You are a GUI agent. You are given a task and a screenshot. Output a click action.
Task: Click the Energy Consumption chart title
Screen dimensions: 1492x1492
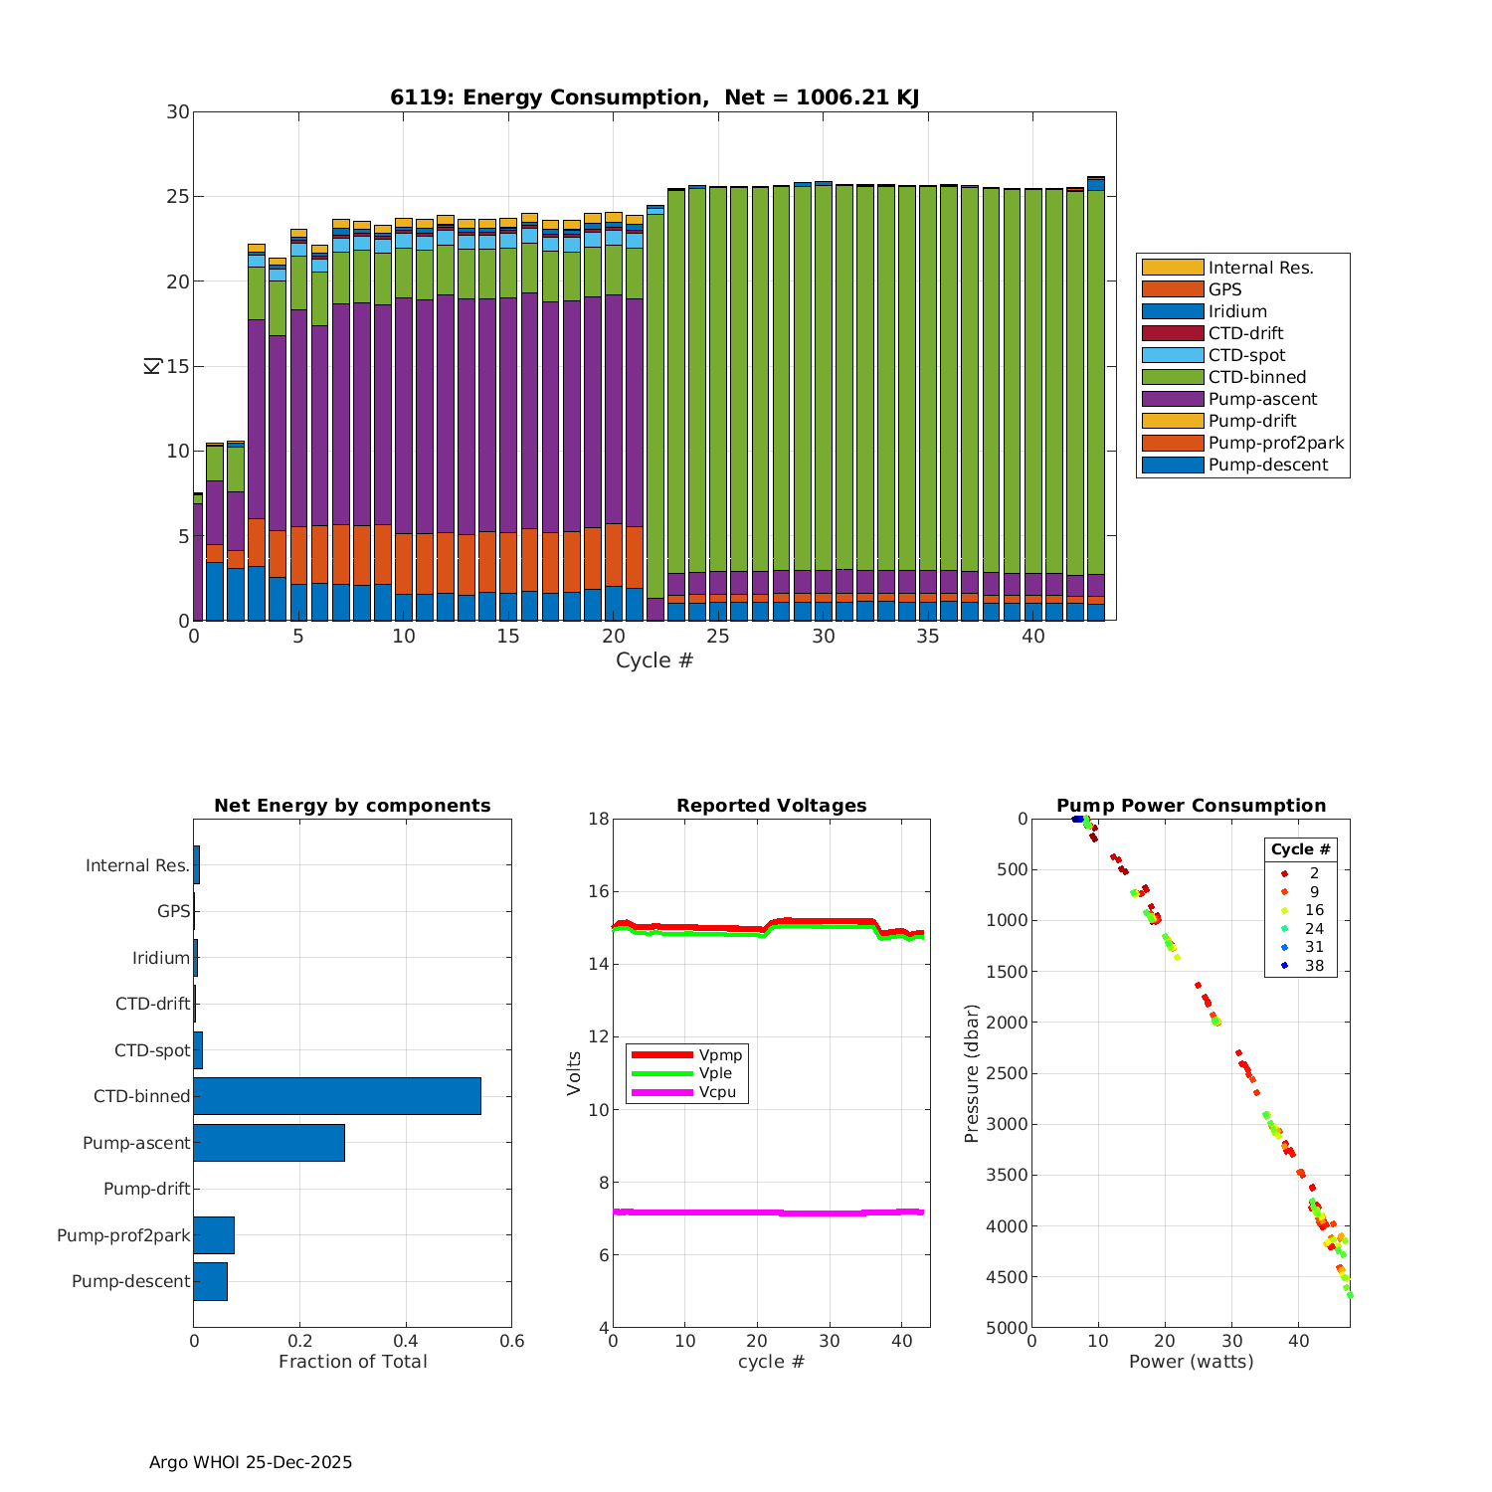click(x=653, y=97)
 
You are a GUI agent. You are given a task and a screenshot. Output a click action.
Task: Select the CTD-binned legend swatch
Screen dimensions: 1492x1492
click(x=1172, y=377)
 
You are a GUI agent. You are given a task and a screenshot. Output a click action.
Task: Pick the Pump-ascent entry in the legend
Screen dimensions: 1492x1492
click(x=1262, y=399)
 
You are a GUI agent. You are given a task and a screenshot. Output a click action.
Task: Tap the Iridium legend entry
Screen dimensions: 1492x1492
click(x=1237, y=311)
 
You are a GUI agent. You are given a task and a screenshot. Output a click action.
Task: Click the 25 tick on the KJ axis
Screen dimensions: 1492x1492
click(x=178, y=197)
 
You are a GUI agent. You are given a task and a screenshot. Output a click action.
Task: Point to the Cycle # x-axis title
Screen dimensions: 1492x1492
click(x=653, y=660)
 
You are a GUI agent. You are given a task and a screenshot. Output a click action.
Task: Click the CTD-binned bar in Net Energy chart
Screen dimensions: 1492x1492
click(x=337, y=1096)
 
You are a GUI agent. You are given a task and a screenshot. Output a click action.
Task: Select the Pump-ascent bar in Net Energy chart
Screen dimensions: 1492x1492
click(x=269, y=1143)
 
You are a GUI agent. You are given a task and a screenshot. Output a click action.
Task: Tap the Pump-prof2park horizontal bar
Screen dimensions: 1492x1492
click(x=214, y=1235)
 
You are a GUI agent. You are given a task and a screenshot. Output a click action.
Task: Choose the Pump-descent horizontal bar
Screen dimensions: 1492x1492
click(x=210, y=1281)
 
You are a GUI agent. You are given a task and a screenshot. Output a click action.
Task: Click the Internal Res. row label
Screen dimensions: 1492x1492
click(x=137, y=865)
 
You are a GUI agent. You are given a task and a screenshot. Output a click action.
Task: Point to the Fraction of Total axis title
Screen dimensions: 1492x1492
click(x=352, y=1362)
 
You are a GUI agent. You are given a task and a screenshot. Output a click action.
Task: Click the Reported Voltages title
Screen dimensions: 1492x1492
click(x=771, y=806)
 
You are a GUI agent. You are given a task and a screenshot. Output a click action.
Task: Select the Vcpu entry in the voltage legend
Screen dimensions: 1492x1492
click(x=717, y=1092)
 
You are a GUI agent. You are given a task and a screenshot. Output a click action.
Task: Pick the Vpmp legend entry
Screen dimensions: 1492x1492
click(x=720, y=1054)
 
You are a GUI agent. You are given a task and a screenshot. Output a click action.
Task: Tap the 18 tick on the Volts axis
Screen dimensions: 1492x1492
click(x=598, y=819)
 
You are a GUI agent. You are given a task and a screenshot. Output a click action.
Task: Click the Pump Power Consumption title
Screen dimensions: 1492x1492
click(x=1191, y=806)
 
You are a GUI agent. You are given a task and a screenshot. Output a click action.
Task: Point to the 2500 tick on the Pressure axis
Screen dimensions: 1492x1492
click(x=1009, y=1073)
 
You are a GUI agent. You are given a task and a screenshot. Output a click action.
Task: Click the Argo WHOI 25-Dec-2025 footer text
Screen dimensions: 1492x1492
click(x=251, y=1462)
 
